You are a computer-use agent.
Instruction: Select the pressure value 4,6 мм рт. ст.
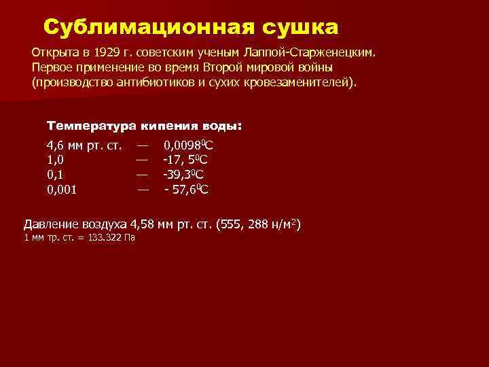click(84, 145)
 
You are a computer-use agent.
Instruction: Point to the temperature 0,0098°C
click(189, 145)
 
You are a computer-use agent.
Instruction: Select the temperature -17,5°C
click(185, 160)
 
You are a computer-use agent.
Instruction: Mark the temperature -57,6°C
click(187, 190)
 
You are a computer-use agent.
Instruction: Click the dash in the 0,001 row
click(143, 189)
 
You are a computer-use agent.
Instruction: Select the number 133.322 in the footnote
click(107, 239)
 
